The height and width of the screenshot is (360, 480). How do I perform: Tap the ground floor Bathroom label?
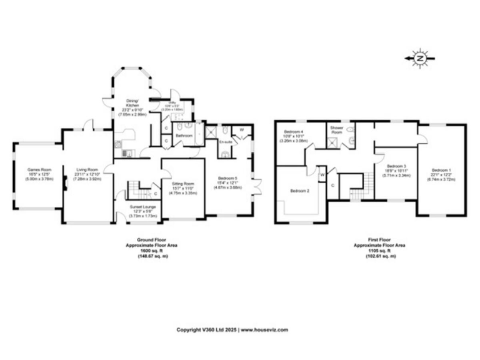tap(183, 135)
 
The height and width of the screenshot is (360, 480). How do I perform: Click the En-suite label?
tap(226, 142)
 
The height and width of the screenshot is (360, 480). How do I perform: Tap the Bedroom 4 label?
tap(294, 132)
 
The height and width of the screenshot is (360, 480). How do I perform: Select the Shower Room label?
tap(337, 130)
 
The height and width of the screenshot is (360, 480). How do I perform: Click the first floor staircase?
tap(357, 191)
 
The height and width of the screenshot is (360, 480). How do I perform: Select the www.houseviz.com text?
tap(264, 329)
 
